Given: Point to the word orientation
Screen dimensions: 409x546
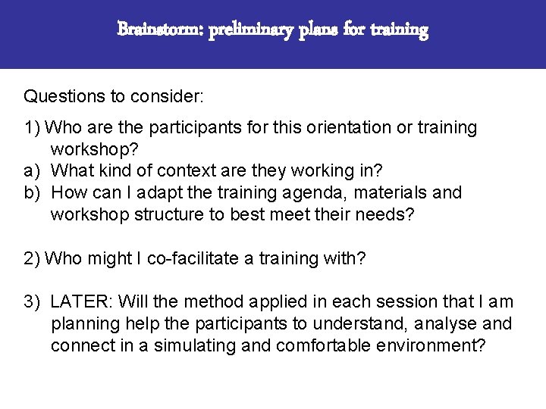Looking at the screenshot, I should click(349, 128).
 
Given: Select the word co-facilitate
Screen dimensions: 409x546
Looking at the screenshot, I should click(193, 258).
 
